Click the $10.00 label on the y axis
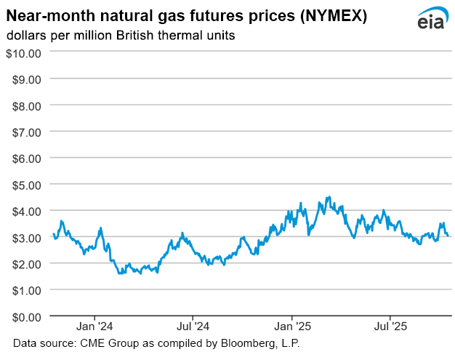23,52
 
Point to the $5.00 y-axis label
26,184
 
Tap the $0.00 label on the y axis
26,316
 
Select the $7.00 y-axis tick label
26,132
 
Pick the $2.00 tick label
26,263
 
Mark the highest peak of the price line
329,197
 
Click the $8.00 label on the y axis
26,105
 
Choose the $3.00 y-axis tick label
26,237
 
